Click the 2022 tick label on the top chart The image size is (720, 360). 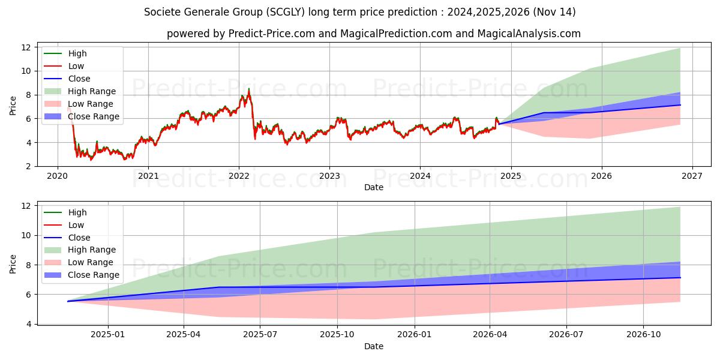pos(239,176)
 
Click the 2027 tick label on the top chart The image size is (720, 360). pos(692,176)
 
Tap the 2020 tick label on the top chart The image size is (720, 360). pos(58,176)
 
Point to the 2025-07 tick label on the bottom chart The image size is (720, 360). pos(260,334)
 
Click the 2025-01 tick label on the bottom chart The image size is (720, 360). pos(108,334)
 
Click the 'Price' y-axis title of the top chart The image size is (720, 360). pos(13,106)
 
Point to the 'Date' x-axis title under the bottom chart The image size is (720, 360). pos(373,346)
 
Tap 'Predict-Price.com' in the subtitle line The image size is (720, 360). pos(272,34)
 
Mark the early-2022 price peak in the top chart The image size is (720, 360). pos(248,89)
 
